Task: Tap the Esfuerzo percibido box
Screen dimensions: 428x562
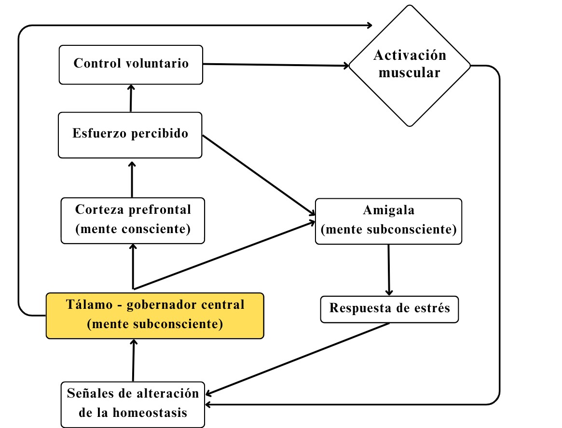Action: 130,135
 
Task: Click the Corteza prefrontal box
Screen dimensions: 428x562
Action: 133,220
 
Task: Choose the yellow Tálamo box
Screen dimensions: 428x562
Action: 155,315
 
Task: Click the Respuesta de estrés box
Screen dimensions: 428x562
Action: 389,308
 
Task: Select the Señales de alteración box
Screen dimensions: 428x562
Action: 133,403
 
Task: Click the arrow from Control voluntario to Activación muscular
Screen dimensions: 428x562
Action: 275,64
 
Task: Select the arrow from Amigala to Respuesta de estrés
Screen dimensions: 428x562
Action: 389,269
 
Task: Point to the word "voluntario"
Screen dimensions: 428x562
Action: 158,64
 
